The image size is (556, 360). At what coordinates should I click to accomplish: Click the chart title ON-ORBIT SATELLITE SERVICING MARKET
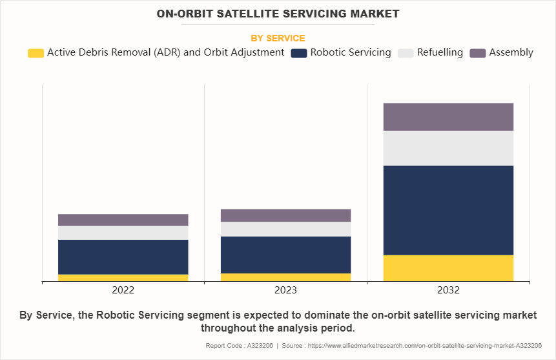point(278,14)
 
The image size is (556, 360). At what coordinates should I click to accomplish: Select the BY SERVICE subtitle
point(278,38)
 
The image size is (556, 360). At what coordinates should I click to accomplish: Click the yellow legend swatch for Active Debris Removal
point(36,53)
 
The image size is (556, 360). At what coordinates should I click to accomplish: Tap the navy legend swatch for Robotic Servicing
point(299,53)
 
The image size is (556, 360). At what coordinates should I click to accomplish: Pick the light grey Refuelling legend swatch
point(406,53)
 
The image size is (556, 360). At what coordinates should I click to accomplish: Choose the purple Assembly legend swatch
point(478,53)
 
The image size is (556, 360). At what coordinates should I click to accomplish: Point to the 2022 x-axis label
point(123,290)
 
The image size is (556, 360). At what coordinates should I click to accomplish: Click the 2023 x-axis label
point(285,290)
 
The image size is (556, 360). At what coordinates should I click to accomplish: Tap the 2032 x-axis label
point(448,290)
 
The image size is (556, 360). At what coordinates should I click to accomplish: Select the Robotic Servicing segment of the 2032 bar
point(448,210)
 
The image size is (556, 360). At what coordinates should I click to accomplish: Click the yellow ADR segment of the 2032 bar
point(448,268)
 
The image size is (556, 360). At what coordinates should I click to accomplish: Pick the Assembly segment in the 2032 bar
point(448,117)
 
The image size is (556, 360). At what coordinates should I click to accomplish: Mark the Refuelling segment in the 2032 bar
point(448,148)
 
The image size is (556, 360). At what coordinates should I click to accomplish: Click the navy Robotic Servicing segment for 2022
point(123,257)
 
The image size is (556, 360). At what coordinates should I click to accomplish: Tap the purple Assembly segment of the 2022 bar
point(123,220)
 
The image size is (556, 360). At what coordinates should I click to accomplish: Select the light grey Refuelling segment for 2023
point(285,229)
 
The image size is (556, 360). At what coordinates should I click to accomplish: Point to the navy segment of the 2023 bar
point(285,255)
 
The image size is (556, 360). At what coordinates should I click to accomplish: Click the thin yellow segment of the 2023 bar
point(285,277)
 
